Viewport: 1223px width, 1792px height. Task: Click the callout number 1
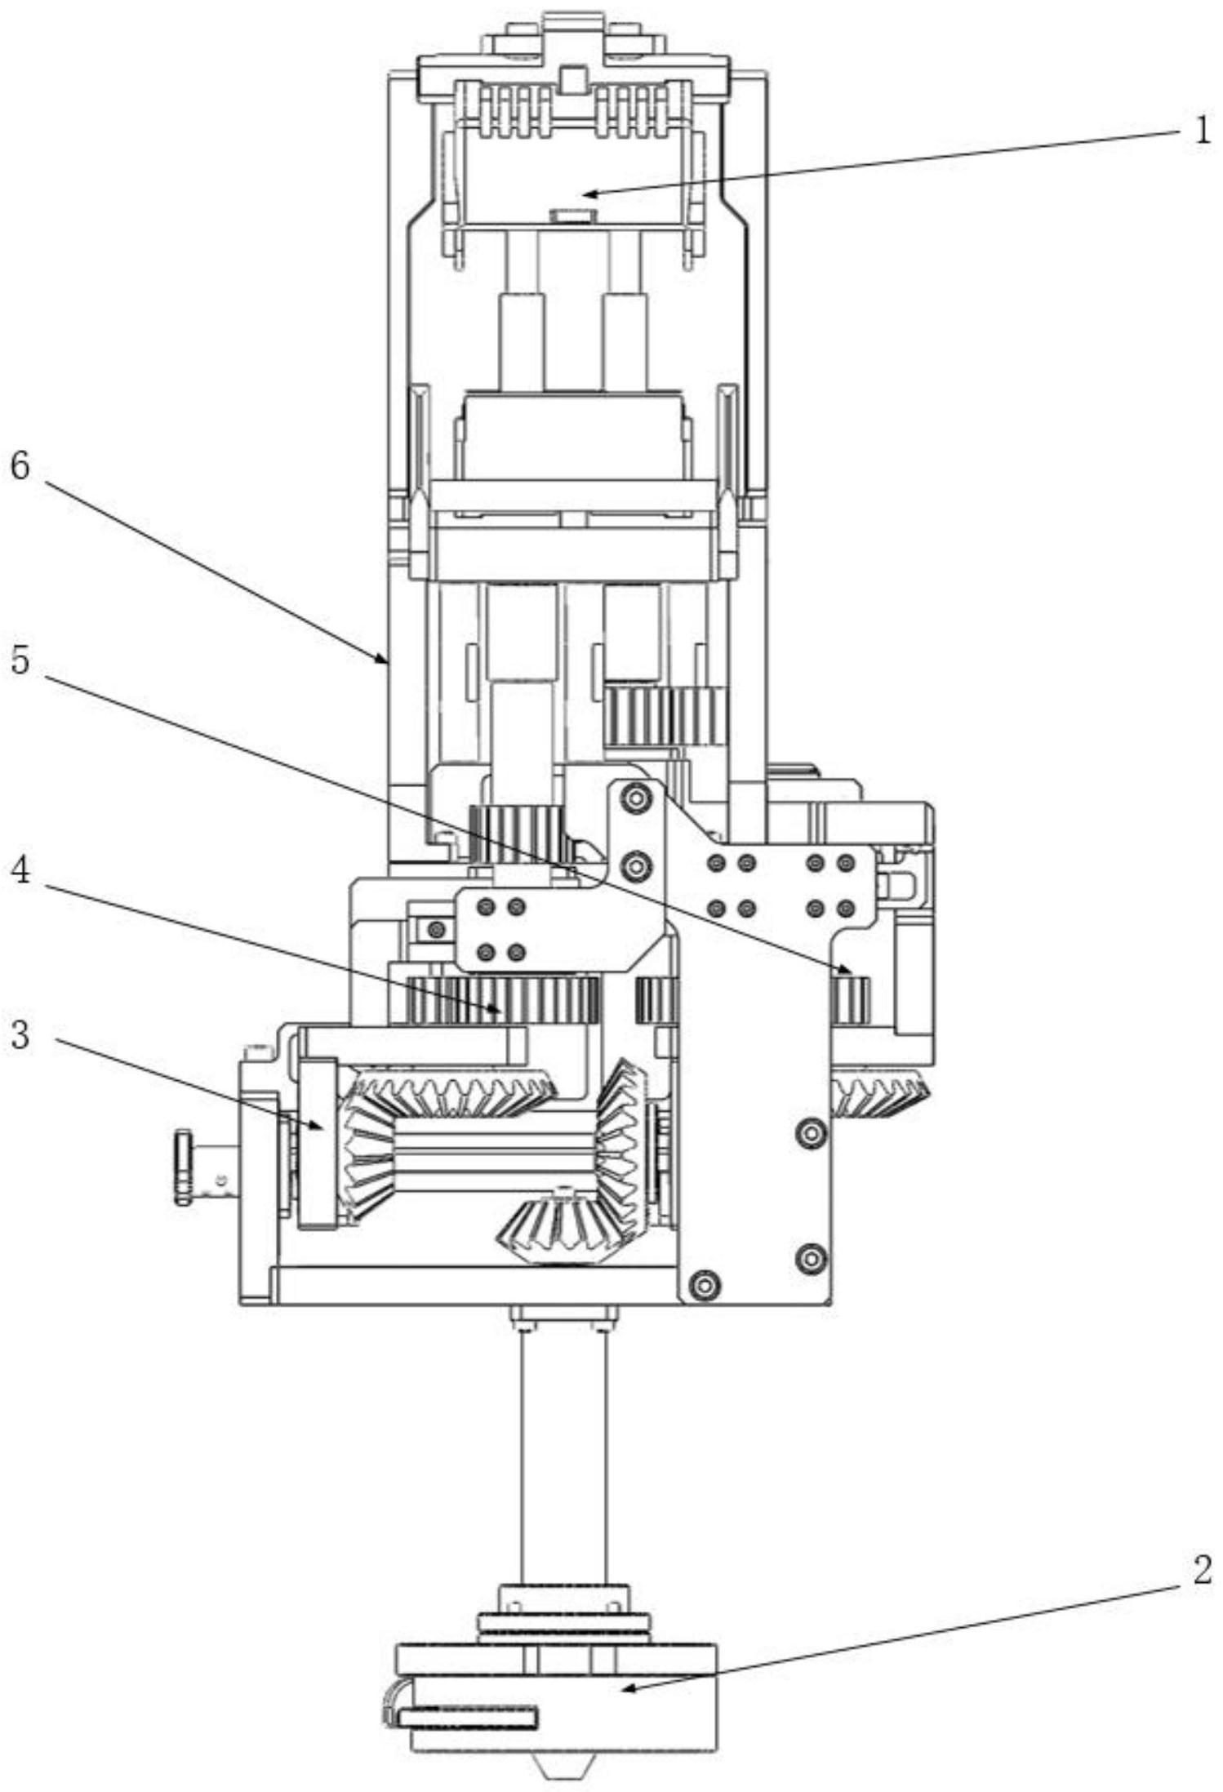click(1201, 131)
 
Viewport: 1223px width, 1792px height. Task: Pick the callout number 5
click(20, 660)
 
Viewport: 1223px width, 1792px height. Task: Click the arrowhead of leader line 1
click(590, 193)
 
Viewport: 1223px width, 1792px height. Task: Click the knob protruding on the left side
click(183, 1167)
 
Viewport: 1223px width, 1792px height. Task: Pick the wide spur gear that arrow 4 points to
click(503, 1000)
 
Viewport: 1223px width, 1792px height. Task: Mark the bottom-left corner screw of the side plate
click(704, 1285)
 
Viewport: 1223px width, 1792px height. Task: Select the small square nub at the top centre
click(573, 80)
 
